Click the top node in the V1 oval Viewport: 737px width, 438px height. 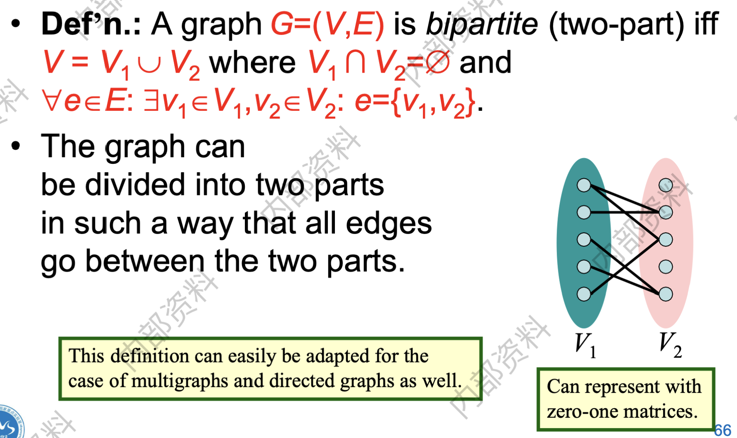(584, 185)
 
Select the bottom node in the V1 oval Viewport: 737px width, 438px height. (584, 294)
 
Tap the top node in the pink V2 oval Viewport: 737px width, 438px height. (666, 185)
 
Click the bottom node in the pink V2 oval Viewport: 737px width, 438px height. (666, 294)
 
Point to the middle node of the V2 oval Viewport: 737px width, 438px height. (666, 240)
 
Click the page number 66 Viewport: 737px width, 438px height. (722, 430)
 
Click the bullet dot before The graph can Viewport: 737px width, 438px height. (16, 146)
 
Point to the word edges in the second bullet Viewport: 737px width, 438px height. (389, 224)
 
